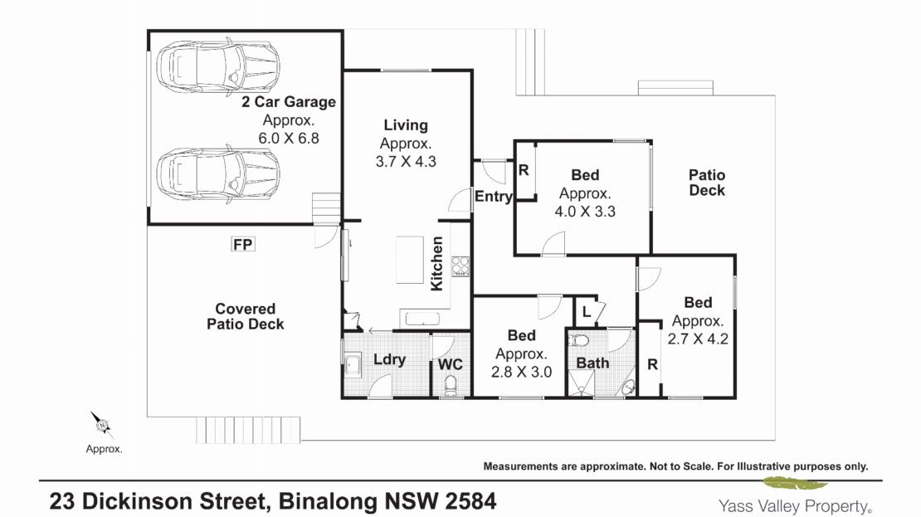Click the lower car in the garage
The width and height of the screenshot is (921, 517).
pyautogui.click(x=218, y=175)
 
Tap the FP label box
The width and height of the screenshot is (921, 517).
pyautogui.click(x=242, y=244)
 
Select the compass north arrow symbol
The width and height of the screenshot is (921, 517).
pyautogui.click(x=102, y=424)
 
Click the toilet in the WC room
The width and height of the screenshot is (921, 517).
pyautogui.click(x=451, y=386)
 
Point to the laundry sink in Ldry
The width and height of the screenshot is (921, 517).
pyautogui.click(x=353, y=364)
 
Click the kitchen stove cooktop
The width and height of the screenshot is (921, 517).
pyautogui.click(x=460, y=266)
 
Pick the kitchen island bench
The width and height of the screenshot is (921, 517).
pyautogui.click(x=409, y=260)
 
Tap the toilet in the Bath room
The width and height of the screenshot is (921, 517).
pyautogui.click(x=579, y=340)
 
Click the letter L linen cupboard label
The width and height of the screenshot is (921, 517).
pyautogui.click(x=586, y=312)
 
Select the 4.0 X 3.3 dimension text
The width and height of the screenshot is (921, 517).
pyautogui.click(x=585, y=211)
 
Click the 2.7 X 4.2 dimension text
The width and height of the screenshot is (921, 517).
pyautogui.click(x=698, y=339)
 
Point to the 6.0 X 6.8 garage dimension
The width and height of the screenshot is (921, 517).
pyautogui.click(x=289, y=138)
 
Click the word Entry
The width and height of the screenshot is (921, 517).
pyautogui.click(x=494, y=196)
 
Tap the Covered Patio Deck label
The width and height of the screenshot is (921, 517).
pyautogui.click(x=246, y=316)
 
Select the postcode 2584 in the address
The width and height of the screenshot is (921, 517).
pyautogui.click(x=470, y=502)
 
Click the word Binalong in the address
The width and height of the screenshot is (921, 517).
pyautogui.click(x=328, y=502)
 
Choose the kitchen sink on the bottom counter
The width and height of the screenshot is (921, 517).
pyautogui.click(x=420, y=319)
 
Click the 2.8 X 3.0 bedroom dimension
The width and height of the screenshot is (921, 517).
pyautogui.click(x=522, y=371)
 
